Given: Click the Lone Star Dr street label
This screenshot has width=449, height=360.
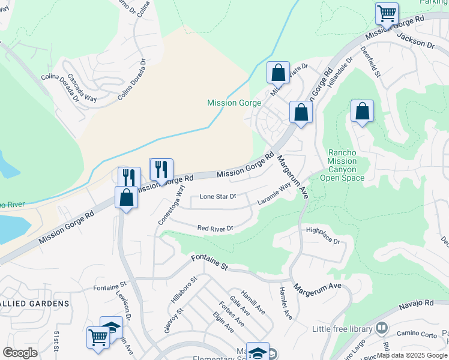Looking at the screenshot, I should [218, 196].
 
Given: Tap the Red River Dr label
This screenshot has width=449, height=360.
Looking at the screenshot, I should [215, 228].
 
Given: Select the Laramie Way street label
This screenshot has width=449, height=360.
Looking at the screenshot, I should [274, 193].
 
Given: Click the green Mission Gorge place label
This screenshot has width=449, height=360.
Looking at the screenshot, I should [234, 103].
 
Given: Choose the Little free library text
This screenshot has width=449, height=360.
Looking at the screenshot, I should [342, 329].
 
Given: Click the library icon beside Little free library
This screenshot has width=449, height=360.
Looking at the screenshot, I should [381, 328].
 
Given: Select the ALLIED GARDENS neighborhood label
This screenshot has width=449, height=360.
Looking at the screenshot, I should [35, 304].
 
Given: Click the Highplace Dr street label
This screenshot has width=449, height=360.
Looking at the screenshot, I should [323, 236].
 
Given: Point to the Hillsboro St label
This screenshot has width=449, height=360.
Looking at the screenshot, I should [184, 289].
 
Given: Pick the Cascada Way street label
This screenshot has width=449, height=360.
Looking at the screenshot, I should [82, 88].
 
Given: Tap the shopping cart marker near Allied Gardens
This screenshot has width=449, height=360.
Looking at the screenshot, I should [98, 337].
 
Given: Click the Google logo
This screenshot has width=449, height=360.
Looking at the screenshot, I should [20, 353].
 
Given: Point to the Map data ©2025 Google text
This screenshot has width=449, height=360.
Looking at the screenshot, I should [411, 355].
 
